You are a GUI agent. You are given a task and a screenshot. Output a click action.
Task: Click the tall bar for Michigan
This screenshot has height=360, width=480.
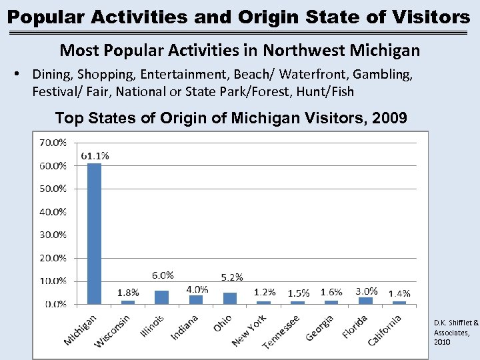click(x=95, y=233)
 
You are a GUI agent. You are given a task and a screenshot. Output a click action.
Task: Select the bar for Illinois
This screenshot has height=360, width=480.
click(x=162, y=297)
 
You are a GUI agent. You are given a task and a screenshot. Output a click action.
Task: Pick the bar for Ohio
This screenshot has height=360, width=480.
click(x=230, y=298)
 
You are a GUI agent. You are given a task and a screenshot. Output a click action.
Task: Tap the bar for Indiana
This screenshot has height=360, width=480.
click(x=196, y=299)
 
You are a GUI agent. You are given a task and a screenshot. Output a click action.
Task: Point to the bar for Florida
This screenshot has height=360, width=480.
click(x=365, y=301)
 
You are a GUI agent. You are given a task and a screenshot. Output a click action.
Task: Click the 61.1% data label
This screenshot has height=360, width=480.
click(x=95, y=155)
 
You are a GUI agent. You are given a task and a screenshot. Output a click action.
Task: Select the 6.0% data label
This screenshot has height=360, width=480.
click(x=163, y=275)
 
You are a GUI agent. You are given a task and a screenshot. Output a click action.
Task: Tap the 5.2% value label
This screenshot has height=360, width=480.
click(x=232, y=277)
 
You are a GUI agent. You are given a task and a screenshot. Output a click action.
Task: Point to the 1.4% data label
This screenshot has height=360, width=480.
click(x=399, y=293)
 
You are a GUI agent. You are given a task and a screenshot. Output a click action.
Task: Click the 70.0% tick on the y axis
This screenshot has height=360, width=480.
click(x=53, y=142)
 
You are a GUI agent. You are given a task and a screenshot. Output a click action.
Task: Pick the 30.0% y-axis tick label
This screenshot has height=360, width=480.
click(x=53, y=235)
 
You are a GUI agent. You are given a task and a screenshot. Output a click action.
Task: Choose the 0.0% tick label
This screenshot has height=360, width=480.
click(x=55, y=304)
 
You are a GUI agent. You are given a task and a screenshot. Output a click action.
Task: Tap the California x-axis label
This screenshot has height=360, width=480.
click(x=385, y=330)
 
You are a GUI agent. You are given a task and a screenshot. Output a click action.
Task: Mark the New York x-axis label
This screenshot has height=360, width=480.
click(x=249, y=330)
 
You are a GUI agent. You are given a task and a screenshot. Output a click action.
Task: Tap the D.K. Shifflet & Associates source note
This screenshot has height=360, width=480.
click(x=455, y=332)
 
